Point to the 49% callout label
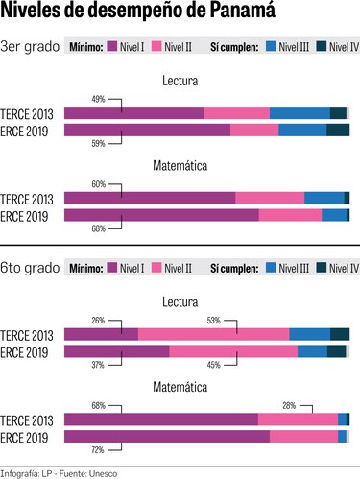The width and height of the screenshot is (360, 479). pos(98,100)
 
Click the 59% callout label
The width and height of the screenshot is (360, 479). pos(98,144)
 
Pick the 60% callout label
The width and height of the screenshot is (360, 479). pos(98,183)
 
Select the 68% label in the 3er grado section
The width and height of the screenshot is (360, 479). pos(98,228)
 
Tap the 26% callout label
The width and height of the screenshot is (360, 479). pos(98,321)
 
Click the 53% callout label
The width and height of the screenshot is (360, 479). pos(213,321)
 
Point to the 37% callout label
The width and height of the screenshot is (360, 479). pos(98,365)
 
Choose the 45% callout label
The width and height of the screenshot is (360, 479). pos(213,365)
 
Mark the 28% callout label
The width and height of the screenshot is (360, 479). pos(289,406)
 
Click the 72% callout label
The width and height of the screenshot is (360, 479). pos(98,449)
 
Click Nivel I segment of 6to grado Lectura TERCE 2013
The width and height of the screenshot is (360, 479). pos(101,334)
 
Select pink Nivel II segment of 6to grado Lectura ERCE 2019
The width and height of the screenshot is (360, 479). pos(233,351)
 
